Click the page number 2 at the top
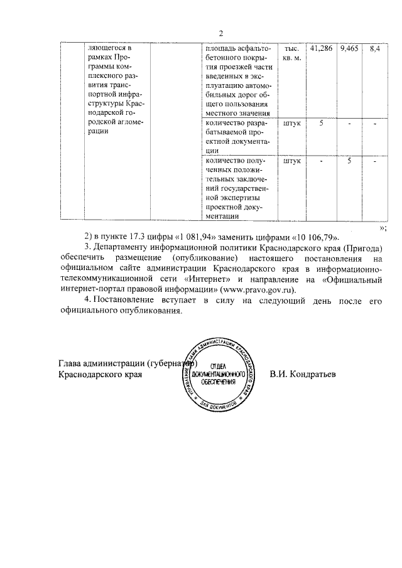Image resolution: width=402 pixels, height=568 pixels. coord(220,34)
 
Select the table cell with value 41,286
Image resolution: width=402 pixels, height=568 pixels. coord(321,49)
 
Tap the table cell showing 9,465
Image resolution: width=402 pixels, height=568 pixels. coord(349,49)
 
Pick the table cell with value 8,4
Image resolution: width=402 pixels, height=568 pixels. coord(375,49)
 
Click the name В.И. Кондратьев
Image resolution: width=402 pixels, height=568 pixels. coord(303,374)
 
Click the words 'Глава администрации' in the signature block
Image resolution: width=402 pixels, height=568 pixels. coord(100,363)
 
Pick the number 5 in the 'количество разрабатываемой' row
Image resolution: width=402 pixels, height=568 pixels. coord(321,123)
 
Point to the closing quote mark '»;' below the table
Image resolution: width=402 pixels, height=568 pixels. coord(383,227)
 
